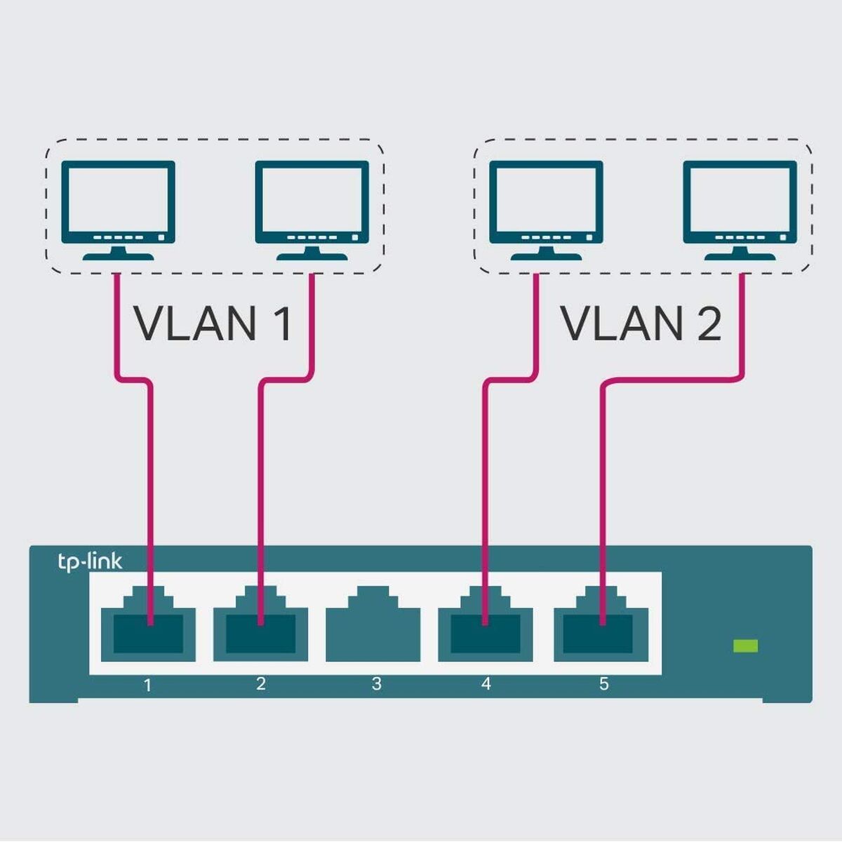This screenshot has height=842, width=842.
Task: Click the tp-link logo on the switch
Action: tap(90, 561)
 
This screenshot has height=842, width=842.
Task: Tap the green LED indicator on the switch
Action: tap(745, 646)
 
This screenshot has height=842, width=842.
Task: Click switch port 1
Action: tap(148, 628)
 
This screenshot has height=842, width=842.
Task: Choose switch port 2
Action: tap(260, 628)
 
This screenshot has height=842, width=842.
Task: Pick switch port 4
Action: tap(486, 628)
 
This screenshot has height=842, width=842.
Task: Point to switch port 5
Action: tap(601, 628)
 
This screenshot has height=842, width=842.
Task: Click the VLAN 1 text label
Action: tap(213, 324)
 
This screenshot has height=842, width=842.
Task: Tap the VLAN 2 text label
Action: tap(641, 324)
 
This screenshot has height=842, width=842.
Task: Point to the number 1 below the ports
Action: tap(147, 684)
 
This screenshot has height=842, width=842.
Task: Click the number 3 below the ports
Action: tap(376, 683)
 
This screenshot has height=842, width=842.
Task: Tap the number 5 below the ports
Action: tap(603, 683)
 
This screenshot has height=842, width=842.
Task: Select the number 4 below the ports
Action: tap(486, 683)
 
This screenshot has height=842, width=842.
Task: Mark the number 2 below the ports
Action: tap(261, 683)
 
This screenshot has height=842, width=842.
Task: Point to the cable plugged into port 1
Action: tap(149, 491)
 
